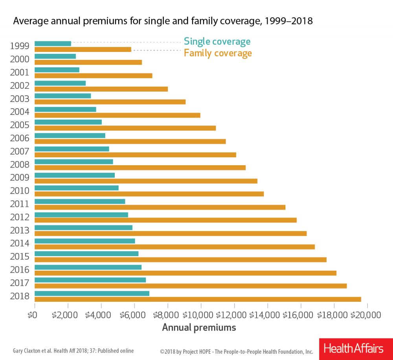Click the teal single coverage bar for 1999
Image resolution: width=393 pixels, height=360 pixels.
point(53,43)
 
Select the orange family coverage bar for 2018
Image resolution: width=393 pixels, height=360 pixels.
point(198,299)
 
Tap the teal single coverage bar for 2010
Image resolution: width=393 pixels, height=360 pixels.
point(77,188)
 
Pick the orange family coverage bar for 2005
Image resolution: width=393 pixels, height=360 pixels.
point(125,128)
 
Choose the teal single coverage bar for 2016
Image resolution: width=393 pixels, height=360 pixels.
point(88,267)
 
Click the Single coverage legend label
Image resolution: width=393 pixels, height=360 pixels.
point(217,41)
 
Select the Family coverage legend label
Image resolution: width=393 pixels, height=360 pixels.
point(218,53)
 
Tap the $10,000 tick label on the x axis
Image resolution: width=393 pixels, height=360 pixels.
point(201,315)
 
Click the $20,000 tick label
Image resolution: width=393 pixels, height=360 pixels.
point(367,315)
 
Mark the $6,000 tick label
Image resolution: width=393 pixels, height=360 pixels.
point(134,315)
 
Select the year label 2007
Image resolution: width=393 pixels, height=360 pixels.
point(20,151)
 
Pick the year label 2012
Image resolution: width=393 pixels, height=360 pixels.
point(20,217)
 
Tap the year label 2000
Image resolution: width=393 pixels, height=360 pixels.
point(20,59)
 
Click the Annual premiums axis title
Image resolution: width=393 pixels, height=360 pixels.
point(199,327)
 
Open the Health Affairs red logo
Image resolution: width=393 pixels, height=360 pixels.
point(353,349)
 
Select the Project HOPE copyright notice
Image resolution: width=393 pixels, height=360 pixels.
point(236,351)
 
